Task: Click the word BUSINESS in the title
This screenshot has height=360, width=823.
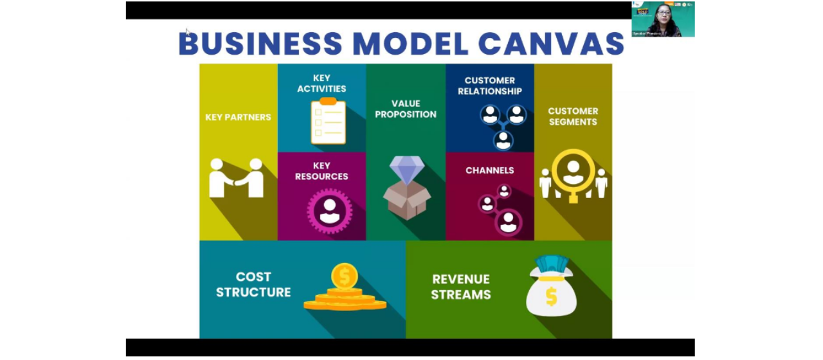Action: coord(260,43)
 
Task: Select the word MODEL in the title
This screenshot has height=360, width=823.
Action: coord(410,43)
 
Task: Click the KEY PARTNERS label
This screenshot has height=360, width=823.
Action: coord(238,117)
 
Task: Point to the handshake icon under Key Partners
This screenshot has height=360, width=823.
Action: coord(237,178)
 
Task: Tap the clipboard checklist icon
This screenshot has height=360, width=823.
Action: coord(328,121)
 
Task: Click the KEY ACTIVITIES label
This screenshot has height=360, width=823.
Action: coord(321,84)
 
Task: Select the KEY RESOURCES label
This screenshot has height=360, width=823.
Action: coord(321,171)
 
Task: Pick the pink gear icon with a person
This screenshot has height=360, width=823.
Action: coord(329,210)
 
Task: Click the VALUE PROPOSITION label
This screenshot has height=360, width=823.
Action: coord(406,109)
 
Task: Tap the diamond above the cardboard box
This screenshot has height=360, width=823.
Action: coord(407,170)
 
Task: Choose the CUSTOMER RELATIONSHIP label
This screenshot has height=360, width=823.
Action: coord(490,85)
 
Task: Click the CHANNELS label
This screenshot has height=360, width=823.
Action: coord(490,170)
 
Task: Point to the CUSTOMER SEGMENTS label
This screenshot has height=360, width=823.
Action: coord(573,116)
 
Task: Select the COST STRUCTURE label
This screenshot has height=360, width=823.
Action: coord(253,284)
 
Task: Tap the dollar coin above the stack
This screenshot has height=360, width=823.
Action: coord(345,276)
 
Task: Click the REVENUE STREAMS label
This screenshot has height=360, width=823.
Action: coord(461,287)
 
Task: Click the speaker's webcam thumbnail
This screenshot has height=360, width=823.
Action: coord(663,19)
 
